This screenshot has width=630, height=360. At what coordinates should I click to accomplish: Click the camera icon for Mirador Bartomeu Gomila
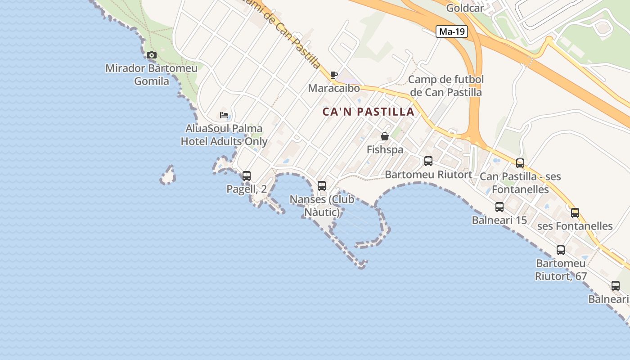[152, 55]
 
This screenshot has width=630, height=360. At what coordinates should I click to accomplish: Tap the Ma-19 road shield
[452, 31]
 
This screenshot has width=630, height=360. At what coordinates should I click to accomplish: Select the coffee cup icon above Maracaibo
[333, 75]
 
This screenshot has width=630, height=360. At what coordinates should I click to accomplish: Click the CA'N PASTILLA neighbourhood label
[369, 112]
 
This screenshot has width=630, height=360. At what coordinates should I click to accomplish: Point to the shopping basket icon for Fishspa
[385, 136]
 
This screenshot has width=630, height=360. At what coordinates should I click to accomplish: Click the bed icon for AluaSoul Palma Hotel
[224, 115]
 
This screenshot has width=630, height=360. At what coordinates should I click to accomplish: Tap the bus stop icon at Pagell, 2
[247, 176]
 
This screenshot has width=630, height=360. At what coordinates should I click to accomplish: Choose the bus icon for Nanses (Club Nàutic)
[322, 185]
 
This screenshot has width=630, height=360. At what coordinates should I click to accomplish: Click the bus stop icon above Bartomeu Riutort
[428, 161]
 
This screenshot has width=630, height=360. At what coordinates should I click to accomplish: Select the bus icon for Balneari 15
[499, 207]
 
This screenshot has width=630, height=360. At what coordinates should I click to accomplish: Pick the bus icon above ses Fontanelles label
[575, 213]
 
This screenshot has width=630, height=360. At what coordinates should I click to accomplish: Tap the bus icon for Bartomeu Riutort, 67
[561, 250]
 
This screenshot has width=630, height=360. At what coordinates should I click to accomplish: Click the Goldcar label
[465, 8]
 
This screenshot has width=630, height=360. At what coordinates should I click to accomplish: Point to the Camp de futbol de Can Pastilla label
[446, 86]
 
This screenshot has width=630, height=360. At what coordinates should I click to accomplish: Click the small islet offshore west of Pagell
[168, 175]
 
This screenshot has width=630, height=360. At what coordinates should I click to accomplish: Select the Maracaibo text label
[334, 88]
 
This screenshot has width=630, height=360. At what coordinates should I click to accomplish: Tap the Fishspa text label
[385, 149]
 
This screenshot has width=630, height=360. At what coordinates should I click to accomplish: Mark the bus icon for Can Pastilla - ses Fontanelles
[520, 163]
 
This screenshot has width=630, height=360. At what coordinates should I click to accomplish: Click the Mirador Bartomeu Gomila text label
[151, 75]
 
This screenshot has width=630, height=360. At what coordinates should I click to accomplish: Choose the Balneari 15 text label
[499, 220]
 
